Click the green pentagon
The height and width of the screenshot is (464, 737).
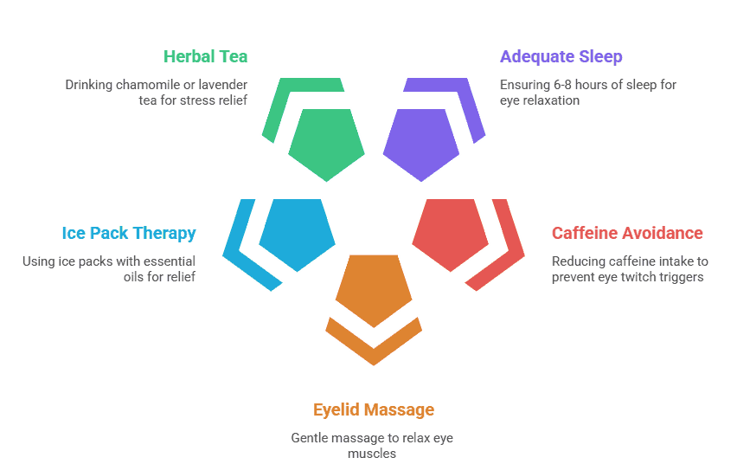(x=326, y=143)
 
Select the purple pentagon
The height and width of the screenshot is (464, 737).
(x=421, y=143)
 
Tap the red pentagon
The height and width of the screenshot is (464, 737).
(x=450, y=232)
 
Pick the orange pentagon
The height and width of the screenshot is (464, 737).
(x=374, y=288)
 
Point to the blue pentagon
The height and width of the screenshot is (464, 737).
(x=298, y=232)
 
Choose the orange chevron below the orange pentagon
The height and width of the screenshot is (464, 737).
(x=374, y=343)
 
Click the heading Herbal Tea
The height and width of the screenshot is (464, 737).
(x=206, y=57)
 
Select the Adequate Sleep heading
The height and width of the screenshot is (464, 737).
(x=561, y=57)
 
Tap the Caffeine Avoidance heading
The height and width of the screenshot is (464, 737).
(x=627, y=233)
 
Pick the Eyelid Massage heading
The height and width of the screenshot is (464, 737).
(x=374, y=409)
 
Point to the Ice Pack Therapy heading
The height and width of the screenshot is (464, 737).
(x=129, y=233)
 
